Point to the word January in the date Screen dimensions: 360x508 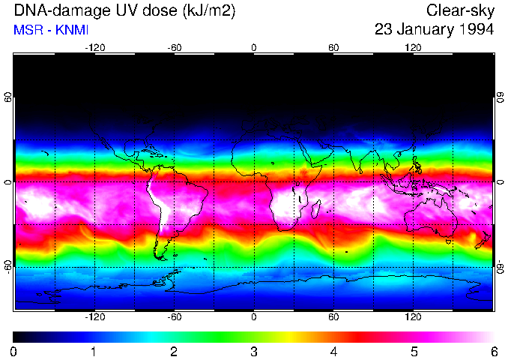tap(426, 30)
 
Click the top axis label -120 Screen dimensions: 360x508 tap(94, 47)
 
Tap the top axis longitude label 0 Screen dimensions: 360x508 tap(254, 47)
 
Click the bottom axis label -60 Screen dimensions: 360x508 tap(175, 317)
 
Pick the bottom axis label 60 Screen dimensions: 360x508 tap(333, 317)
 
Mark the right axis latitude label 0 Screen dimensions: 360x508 tap(500, 182)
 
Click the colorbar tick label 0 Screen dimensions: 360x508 tap(14, 351)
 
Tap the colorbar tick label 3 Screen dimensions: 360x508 tap(254, 351)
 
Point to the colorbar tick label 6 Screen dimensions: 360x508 tap(493, 351)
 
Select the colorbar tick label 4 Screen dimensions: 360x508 tap(333, 351)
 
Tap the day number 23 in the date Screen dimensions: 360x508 tap(384, 30)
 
